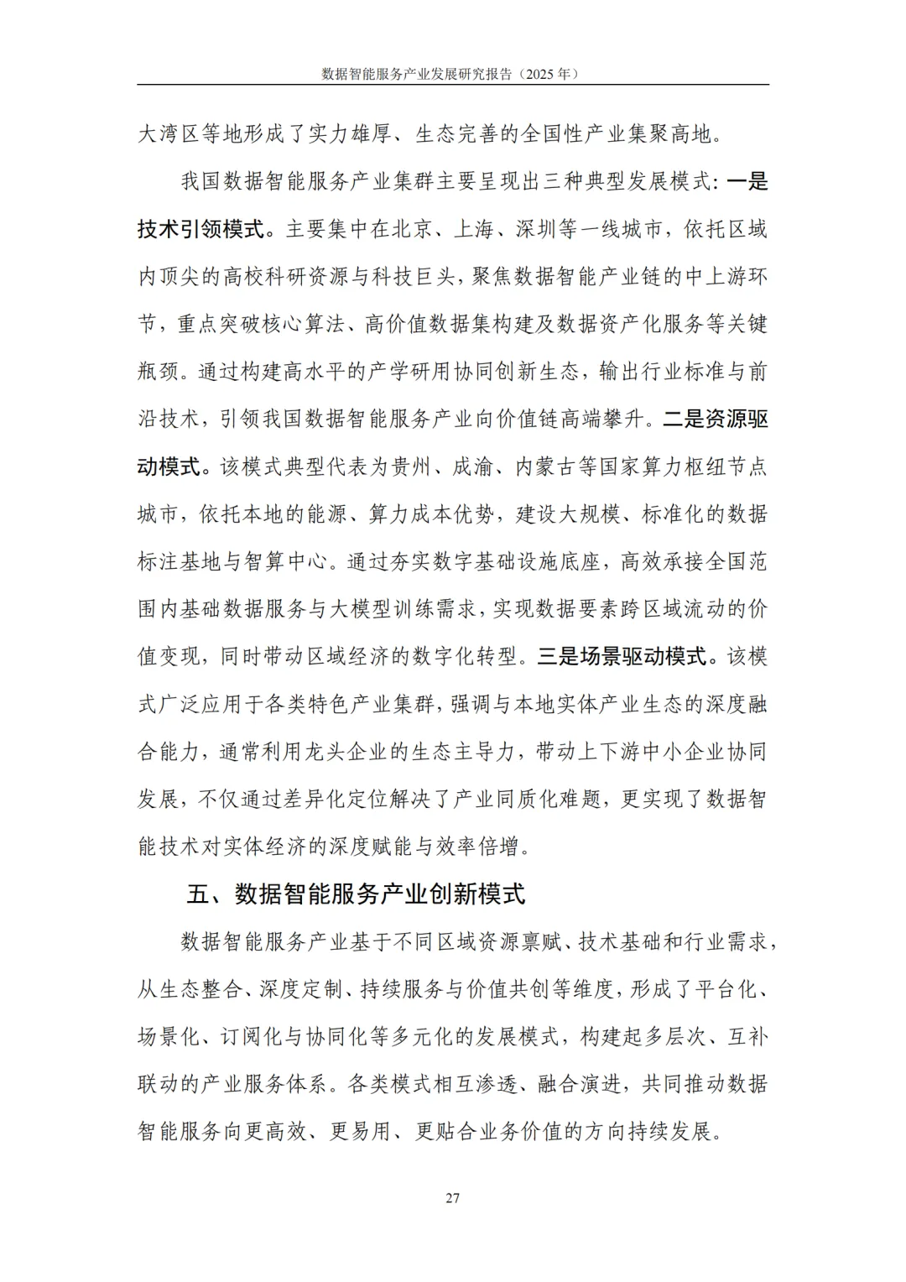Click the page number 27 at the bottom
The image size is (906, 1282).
(452, 1198)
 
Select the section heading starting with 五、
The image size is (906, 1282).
(356, 894)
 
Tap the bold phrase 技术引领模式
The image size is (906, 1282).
(200, 229)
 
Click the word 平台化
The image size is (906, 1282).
(725, 989)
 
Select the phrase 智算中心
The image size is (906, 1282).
(285, 561)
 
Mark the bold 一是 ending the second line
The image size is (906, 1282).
(747, 182)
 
